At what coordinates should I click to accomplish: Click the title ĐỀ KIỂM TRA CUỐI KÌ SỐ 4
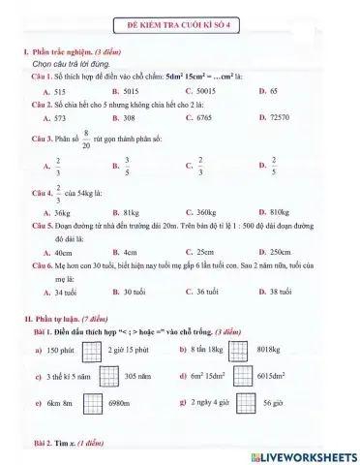(x=181, y=20)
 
